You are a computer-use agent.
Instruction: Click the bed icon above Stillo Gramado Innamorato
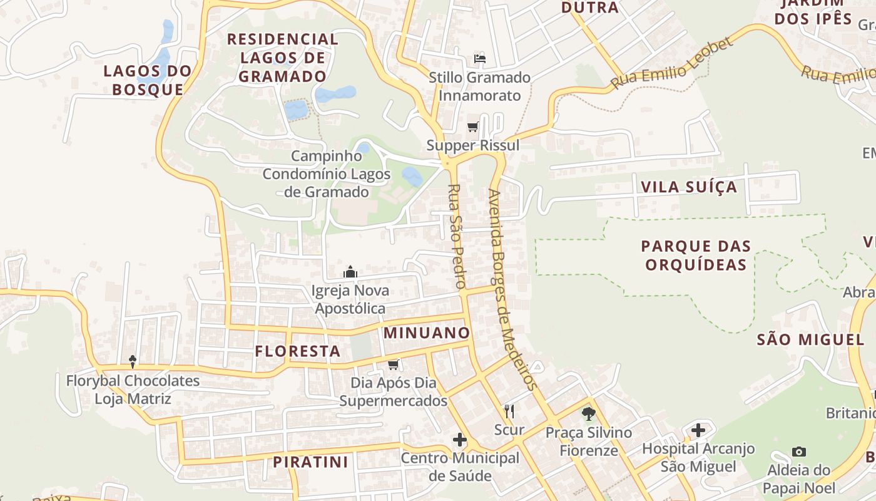(480, 59)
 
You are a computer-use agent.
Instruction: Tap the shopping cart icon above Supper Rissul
(473, 127)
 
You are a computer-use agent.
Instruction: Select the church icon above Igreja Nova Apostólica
(350, 272)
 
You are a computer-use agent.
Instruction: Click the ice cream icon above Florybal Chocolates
(133, 361)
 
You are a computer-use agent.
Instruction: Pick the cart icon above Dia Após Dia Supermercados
(393, 364)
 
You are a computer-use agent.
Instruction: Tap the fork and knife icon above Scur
(509, 411)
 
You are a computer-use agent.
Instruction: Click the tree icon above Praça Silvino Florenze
(588, 413)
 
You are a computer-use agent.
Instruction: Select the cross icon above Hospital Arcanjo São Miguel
(698, 430)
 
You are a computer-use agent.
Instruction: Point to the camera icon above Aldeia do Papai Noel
(798, 452)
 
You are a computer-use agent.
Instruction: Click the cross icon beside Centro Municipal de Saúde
(460, 440)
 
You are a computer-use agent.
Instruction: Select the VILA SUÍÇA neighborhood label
(689, 187)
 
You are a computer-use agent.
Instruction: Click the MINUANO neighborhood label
(426, 333)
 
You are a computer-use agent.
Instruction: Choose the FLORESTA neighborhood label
(297, 351)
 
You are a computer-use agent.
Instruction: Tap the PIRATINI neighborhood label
(310, 462)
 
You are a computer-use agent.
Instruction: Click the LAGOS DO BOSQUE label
(147, 80)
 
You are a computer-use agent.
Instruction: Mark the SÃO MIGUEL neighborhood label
(810, 340)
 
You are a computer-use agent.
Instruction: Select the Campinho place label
(327, 155)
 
